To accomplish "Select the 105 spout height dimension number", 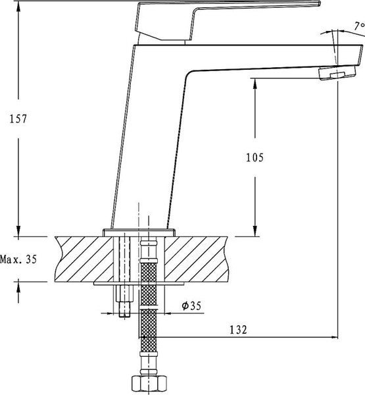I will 254,157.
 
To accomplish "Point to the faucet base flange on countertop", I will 140,232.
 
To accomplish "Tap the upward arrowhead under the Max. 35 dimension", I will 18,285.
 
